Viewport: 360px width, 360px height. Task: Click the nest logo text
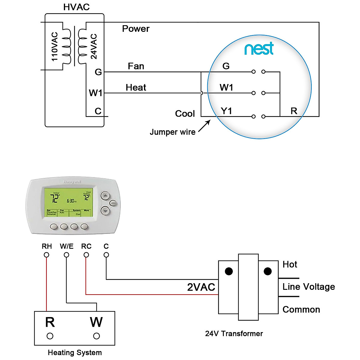pos(259,49)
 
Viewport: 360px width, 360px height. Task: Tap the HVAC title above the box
pos(76,7)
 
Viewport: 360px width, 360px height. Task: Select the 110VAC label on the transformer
pos(55,46)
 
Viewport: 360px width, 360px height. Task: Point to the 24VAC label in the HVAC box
pos(94,46)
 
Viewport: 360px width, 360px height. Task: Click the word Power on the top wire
pos(136,29)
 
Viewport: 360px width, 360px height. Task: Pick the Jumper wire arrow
pos(204,126)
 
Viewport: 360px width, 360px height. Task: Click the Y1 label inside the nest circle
pos(226,111)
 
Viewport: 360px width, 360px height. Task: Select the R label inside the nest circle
pos(294,111)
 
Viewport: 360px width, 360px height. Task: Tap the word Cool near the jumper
pos(185,114)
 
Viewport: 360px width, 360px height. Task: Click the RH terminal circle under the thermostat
pos(46,255)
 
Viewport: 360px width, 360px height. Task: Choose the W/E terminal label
pos(66,247)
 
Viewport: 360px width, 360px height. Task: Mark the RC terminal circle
pos(86,255)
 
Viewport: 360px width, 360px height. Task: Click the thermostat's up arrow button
pos(105,196)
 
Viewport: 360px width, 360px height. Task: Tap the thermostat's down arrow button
pos(105,211)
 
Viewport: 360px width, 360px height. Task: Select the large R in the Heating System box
pos(50,322)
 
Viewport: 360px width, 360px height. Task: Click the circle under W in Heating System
pos(96,336)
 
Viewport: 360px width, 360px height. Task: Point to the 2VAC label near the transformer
pos(201,287)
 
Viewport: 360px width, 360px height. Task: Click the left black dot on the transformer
pos(229,271)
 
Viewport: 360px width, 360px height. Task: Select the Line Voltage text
pos(308,287)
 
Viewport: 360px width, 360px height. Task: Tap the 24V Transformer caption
pos(234,334)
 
